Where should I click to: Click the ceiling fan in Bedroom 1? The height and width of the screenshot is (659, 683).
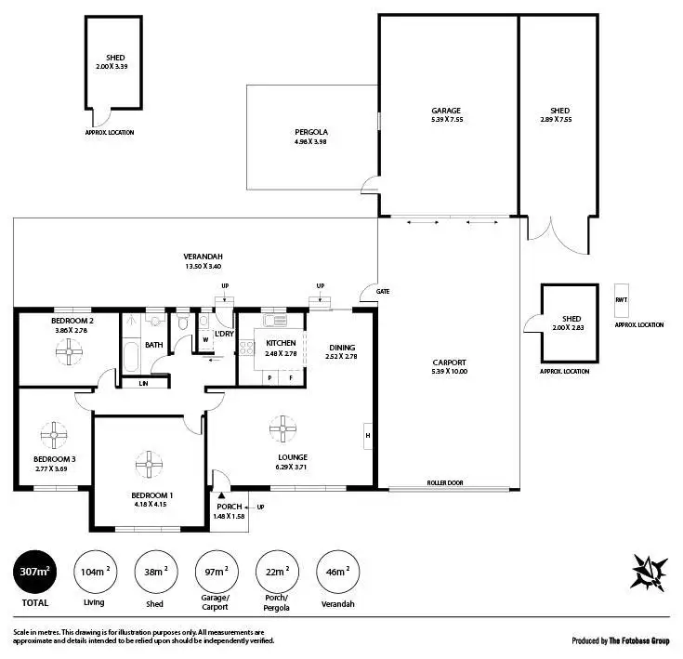coord(148,464)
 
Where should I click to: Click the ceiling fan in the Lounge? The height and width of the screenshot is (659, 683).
coord(283,428)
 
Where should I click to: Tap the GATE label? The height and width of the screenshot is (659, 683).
coord(383,291)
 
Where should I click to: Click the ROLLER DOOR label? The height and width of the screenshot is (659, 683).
coord(445,483)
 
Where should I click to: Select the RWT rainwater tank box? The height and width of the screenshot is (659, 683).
coord(621,300)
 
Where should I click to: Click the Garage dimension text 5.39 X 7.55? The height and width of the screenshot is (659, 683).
coord(446,120)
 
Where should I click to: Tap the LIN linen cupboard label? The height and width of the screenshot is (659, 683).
coord(143,383)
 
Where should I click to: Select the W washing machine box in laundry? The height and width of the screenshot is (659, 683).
coord(205,339)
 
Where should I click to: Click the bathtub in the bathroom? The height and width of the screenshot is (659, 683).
coord(130,355)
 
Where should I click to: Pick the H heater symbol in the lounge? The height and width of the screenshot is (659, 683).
coord(369,435)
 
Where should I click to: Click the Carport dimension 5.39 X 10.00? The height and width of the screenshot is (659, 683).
coord(450,372)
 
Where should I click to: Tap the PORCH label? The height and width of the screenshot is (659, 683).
coord(230,507)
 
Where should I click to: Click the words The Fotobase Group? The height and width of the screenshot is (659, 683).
coord(639,640)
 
